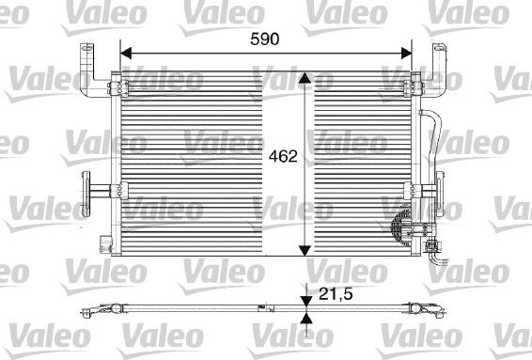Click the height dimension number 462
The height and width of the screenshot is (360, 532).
285,158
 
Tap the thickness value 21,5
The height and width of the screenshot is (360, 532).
336,294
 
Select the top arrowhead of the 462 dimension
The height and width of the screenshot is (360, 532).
304,80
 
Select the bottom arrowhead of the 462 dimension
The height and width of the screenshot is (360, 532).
304,248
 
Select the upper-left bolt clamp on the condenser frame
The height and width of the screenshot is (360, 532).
116,89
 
